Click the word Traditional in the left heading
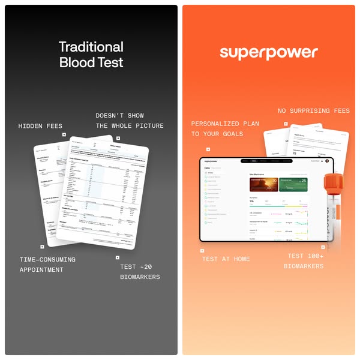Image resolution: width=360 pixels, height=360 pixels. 91,47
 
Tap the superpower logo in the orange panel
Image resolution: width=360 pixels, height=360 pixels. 268,52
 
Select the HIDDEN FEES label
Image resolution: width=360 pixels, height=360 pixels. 40,127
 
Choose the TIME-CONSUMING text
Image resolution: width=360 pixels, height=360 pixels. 47,260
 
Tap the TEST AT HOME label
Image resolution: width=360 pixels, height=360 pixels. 226,259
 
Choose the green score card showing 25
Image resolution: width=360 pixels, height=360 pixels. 294,184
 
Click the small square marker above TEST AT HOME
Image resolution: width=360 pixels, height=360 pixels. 202,250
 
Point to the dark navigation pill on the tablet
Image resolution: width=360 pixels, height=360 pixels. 263,161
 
